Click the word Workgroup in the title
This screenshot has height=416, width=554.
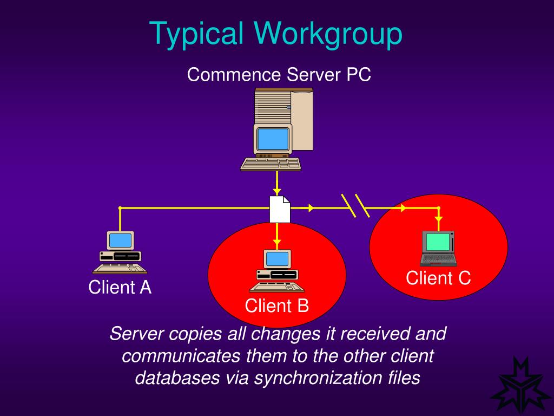(326, 34)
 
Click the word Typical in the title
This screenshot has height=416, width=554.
(198, 34)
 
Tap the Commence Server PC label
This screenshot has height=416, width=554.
(279, 74)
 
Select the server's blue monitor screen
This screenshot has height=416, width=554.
(273, 139)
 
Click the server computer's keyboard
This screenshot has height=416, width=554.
(271, 164)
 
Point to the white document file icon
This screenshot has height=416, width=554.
(280, 209)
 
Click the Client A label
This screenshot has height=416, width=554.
(120, 288)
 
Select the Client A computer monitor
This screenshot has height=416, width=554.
(120, 240)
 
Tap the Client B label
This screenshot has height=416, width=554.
(276, 306)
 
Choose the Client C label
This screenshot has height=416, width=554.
(438, 278)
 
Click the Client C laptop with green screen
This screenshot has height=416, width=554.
(438, 249)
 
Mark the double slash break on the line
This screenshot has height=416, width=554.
(355, 206)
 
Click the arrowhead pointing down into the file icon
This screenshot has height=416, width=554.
(277, 191)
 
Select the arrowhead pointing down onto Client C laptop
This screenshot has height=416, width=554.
(439, 219)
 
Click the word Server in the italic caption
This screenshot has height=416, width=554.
(136, 334)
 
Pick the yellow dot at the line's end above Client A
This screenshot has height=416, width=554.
(120, 208)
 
